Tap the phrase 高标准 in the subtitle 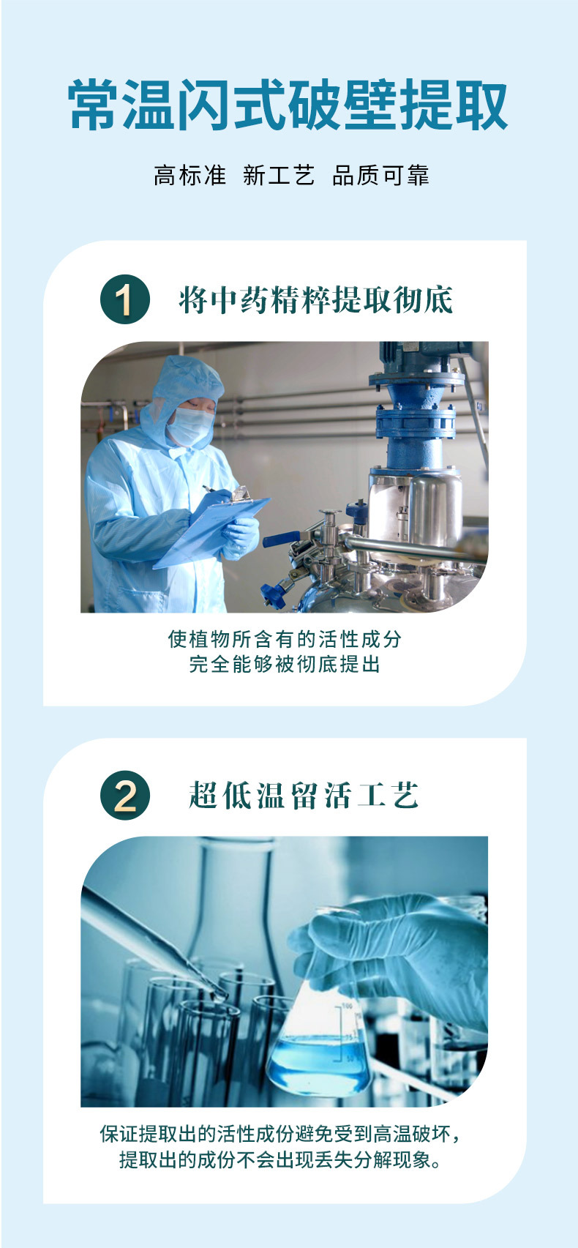pos(189,176)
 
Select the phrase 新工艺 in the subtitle pos(279,176)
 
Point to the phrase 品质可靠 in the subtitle pos(380,176)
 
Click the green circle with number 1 pos(124,299)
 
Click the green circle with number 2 pos(124,796)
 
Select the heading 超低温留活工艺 pos(304,796)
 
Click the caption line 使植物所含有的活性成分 pos(285,639)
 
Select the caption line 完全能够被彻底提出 pos(285,665)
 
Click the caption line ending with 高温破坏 pos(281,1135)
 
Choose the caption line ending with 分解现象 pos(281,1160)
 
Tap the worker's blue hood pos(183,381)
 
